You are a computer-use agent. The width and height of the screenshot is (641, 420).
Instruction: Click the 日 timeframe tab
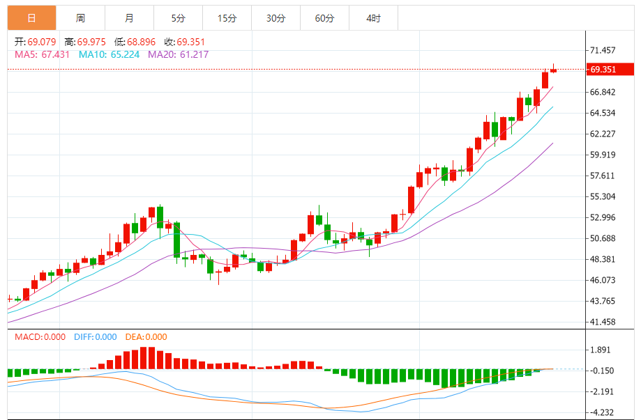click(x=31, y=18)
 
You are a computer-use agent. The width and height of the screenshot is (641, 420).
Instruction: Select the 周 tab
click(x=80, y=18)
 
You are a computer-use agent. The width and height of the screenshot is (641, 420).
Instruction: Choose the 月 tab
click(x=130, y=18)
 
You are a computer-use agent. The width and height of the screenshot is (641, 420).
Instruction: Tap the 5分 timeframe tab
click(x=178, y=18)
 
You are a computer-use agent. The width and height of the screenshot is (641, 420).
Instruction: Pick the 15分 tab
click(x=227, y=18)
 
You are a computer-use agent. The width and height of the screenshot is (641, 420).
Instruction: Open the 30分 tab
click(x=276, y=18)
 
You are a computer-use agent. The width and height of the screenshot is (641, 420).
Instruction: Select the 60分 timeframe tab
click(x=324, y=18)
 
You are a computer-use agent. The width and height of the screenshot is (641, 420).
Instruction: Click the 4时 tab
click(x=373, y=18)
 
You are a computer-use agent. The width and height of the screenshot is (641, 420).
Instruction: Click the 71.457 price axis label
click(x=602, y=50)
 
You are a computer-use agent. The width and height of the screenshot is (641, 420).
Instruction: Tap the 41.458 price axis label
click(x=602, y=322)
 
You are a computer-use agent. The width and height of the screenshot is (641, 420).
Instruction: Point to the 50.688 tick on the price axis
click(x=602, y=238)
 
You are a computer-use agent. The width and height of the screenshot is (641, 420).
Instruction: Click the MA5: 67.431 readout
click(x=42, y=54)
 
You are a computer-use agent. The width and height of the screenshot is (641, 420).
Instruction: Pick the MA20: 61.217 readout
click(x=178, y=54)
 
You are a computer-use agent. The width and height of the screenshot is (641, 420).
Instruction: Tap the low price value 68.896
click(x=141, y=42)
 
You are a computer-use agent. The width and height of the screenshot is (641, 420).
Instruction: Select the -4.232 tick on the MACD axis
click(x=602, y=411)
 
